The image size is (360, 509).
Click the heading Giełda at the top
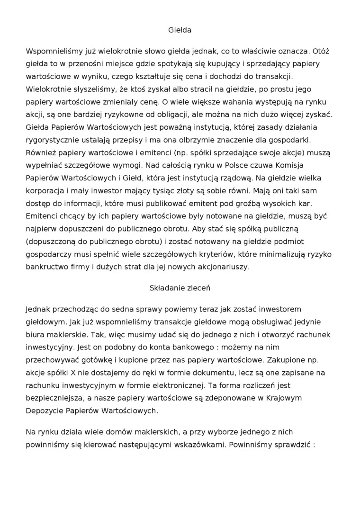point(180,30)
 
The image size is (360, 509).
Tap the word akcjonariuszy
point(221,268)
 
